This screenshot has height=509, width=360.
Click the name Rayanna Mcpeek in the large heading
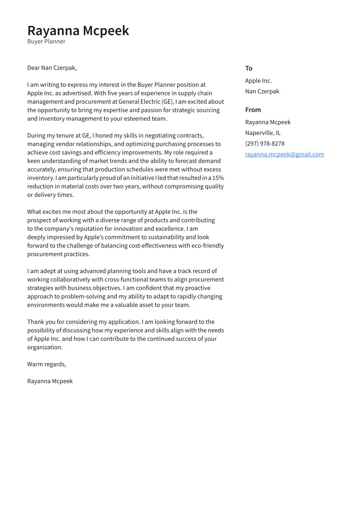[x=78, y=31]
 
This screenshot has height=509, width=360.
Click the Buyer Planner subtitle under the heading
[x=46, y=41]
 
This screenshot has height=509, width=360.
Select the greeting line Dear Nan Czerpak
[x=52, y=68]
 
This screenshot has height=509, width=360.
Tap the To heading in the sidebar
[x=248, y=68]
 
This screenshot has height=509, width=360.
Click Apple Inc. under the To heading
[x=258, y=81]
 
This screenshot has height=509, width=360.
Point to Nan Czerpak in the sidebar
[x=262, y=91]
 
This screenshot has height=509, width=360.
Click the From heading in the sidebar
[x=253, y=110]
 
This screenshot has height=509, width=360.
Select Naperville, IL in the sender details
[x=263, y=133]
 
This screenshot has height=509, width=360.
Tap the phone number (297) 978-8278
[x=264, y=143]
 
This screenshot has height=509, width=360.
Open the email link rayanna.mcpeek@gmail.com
[x=284, y=154]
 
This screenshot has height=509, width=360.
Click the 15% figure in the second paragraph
[x=218, y=178]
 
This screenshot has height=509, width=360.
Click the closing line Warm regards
[x=47, y=364]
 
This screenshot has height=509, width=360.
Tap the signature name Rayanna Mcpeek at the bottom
[x=50, y=381]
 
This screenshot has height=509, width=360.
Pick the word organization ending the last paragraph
[x=45, y=347]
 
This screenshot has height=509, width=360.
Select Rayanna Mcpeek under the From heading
[x=268, y=122]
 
